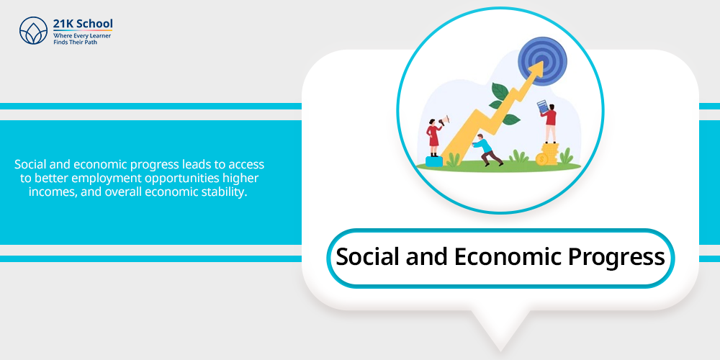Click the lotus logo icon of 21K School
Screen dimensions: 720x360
[x=34, y=31]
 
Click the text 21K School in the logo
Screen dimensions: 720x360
[x=83, y=24]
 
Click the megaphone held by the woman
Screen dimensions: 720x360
[x=444, y=121]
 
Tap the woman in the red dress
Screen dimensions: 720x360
[x=434, y=138]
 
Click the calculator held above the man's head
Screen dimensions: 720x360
[x=543, y=107]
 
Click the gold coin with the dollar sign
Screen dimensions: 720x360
[x=542, y=159]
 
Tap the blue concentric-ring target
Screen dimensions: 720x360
[x=542, y=61]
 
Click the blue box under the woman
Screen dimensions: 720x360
[x=434, y=161]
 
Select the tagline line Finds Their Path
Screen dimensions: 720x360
[x=76, y=42]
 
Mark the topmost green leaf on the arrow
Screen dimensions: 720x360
[x=500, y=91]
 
